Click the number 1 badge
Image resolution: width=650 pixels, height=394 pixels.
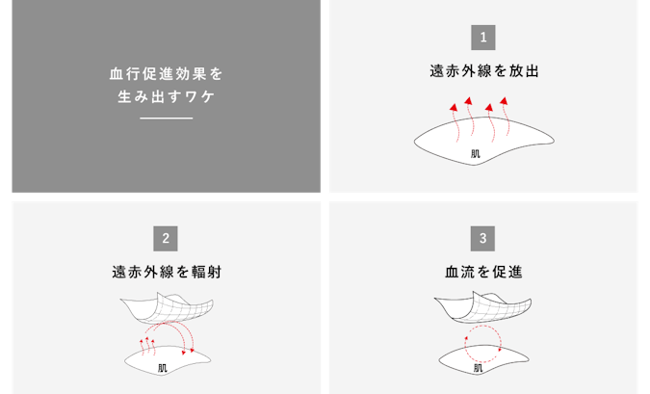(483, 38)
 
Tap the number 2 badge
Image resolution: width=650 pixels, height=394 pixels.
(166, 239)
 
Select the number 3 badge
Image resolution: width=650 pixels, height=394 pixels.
(482, 239)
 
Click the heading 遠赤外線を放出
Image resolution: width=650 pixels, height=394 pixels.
(484, 71)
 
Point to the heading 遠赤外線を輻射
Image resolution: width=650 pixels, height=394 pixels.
(167, 272)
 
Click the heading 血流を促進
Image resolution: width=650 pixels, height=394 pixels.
(483, 272)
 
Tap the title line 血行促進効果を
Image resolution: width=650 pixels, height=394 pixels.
(167, 74)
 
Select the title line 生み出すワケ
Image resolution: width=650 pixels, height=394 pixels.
(167, 96)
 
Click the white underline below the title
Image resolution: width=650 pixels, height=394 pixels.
(167, 118)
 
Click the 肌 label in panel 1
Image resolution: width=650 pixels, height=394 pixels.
(476, 154)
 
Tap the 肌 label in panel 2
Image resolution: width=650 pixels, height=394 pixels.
(163, 368)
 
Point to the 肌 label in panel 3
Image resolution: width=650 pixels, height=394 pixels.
(478, 367)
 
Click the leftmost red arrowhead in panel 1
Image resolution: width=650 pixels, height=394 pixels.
(454, 108)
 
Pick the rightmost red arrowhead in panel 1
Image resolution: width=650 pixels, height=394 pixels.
(504, 101)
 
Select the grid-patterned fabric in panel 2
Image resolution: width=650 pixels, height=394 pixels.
(167, 307)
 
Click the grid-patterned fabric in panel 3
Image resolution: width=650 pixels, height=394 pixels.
(483, 307)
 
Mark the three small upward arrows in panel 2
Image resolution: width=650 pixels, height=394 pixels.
(147, 347)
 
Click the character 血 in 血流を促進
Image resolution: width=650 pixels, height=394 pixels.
(451, 272)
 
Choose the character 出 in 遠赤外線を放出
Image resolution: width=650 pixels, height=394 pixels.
(533, 71)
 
